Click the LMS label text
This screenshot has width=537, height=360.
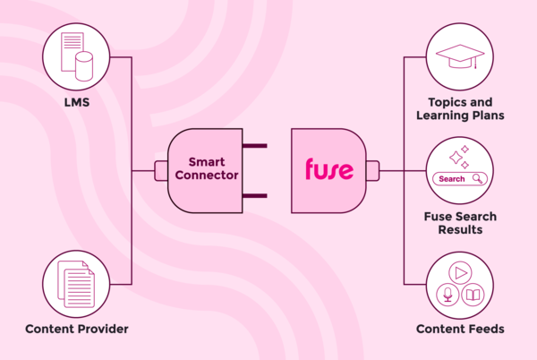click(76, 103)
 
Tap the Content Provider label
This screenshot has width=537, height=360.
click(77, 329)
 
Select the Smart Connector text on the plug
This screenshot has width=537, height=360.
click(207, 169)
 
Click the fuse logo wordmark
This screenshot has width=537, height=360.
click(328, 169)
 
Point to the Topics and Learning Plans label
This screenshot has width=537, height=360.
click(460, 109)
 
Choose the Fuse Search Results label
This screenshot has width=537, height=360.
click(460, 224)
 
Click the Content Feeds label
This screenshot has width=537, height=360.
click(460, 329)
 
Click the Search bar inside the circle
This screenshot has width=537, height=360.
click(458, 179)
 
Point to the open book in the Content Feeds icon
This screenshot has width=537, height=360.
click(473, 294)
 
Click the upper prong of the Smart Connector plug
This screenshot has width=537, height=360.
click(254, 145)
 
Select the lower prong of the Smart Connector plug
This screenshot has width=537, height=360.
click(254, 195)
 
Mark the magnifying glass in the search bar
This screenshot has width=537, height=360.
click(478, 179)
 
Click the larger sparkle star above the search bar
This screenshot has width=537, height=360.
click(455, 158)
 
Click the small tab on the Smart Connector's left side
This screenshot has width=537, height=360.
click(161, 170)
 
